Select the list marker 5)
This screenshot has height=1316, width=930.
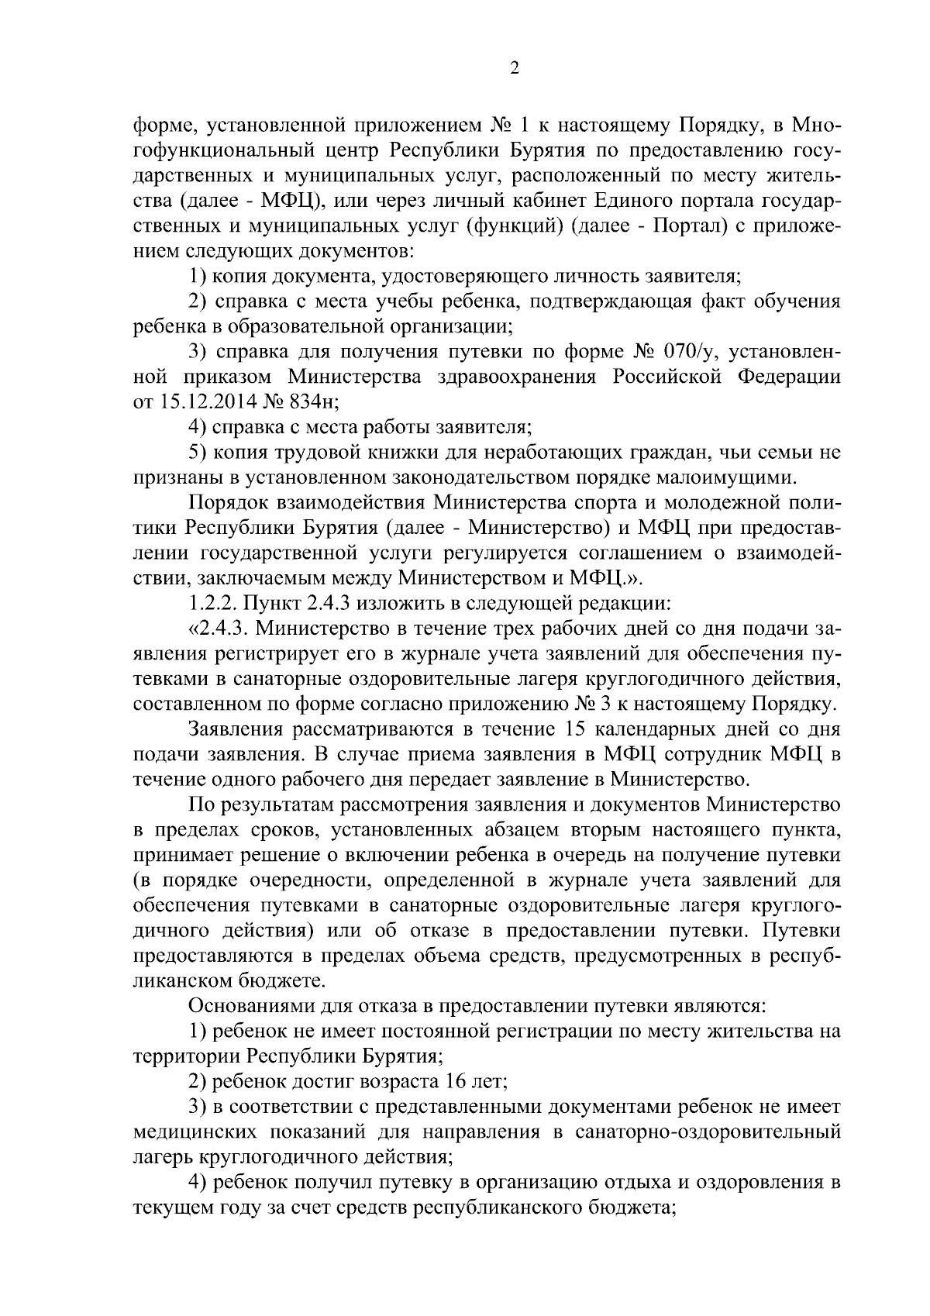pos(198,452)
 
